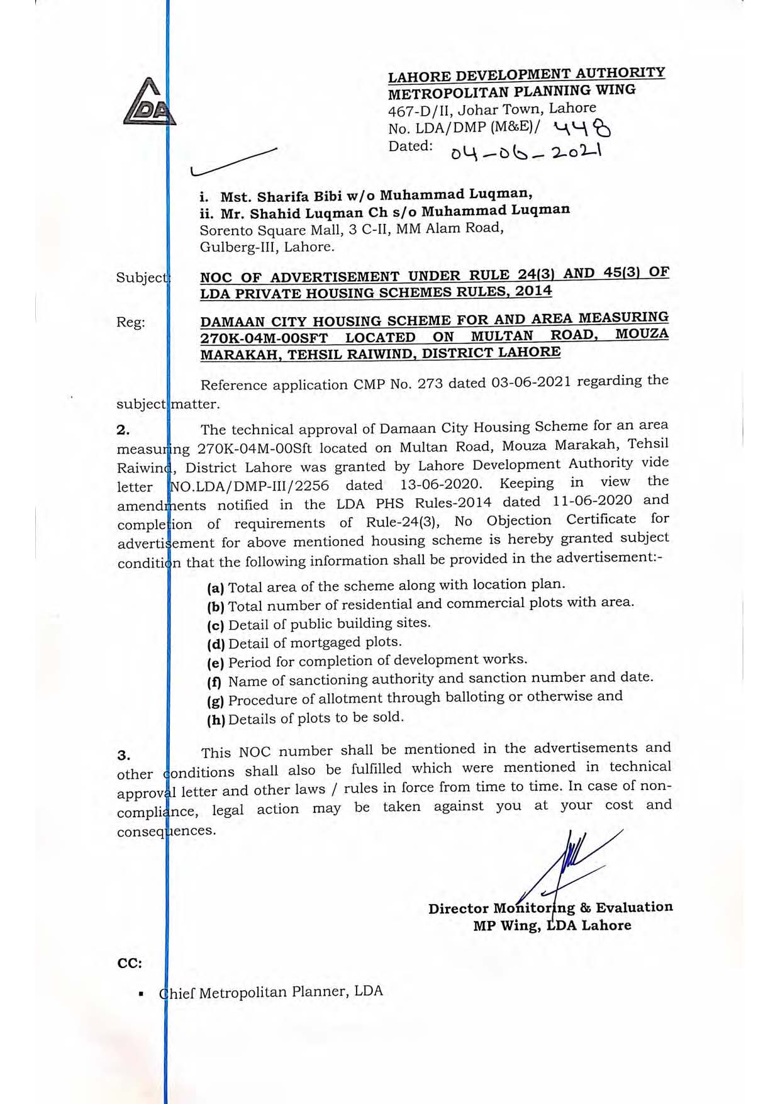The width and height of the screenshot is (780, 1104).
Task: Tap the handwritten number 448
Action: pos(582,129)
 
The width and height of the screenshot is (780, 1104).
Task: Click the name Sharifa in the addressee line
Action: pos(283,197)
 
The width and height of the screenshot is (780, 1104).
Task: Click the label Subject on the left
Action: pos(142,277)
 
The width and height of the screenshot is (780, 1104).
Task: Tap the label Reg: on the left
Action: pos(130,322)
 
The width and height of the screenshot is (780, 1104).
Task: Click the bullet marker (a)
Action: pos(216,588)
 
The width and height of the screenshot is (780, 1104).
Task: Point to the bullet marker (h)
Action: pos(216,720)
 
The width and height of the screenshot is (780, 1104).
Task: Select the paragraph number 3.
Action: pos(124,755)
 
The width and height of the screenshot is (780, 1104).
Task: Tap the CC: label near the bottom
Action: pos(130,963)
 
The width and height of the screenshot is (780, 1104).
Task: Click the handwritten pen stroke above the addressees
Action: pos(233,162)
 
